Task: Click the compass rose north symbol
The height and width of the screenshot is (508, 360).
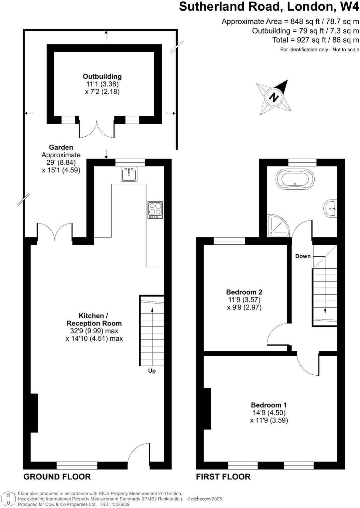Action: tap(274, 97)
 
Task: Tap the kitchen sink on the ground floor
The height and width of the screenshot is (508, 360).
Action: tap(129, 174)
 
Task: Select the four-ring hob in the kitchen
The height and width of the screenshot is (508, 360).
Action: tap(155, 210)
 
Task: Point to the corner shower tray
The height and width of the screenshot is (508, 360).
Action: tap(278, 226)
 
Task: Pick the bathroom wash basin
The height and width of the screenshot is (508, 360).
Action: tap(330, 208)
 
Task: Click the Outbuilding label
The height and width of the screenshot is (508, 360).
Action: tap(102, 76)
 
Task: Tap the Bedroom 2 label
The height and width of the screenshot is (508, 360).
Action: tap(244, 292)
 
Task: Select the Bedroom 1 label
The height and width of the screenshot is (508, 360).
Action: tap(269, 405)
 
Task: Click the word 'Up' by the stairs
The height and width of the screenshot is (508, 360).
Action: tap(152, 371)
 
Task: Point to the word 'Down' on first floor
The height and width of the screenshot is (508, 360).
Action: tap(303, 256)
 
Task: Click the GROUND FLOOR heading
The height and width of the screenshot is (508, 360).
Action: tap(57, 477)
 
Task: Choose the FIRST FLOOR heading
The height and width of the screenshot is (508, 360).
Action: tap(223, 477)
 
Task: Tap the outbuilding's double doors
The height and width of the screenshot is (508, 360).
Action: tap(96, 129)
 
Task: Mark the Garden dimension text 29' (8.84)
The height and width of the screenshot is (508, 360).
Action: tap(61, 163)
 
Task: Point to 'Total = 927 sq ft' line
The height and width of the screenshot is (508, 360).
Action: tap(315, 40)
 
